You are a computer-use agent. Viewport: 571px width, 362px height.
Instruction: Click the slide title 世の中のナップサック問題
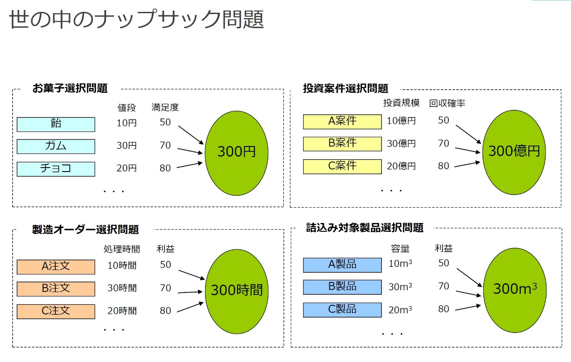tap(136, 19)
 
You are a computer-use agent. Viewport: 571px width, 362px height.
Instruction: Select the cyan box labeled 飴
tap(56, 124)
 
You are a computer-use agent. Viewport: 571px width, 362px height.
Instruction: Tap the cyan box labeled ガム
tap(56, 146)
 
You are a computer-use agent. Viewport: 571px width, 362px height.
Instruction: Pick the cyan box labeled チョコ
tap(56, 169)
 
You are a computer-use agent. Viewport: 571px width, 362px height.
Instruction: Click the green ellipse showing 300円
tap(237, 153)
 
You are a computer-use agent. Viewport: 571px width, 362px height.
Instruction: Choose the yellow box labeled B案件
tap(342, 144)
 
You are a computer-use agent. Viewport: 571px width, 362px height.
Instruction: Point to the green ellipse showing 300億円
tap(514, 153)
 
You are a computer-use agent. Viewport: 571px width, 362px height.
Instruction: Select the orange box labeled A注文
tap(56, 267)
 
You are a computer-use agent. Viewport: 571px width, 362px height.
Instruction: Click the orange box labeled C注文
tap(56, 311)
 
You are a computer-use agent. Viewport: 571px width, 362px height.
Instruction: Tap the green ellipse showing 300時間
tap(237, 291)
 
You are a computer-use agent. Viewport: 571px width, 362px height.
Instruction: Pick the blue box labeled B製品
tap(342, 287)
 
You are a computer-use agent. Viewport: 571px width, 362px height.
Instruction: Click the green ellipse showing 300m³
tap(515, 290)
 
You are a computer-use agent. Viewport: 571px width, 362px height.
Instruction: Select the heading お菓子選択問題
tap(70, 88)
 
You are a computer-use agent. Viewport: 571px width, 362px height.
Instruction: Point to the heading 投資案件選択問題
tap(345, 88)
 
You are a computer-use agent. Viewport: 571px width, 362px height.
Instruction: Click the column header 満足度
tap(165, 107)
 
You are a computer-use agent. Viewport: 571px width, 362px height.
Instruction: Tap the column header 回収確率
tap(447, 103)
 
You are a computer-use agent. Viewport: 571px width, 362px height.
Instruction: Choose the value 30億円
tap(401, 143)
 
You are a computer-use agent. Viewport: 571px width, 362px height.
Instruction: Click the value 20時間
tap(122, 311)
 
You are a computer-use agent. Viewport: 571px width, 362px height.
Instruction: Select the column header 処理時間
tap(122, 249)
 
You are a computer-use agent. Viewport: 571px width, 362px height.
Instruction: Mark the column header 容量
tap(400, 249)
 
